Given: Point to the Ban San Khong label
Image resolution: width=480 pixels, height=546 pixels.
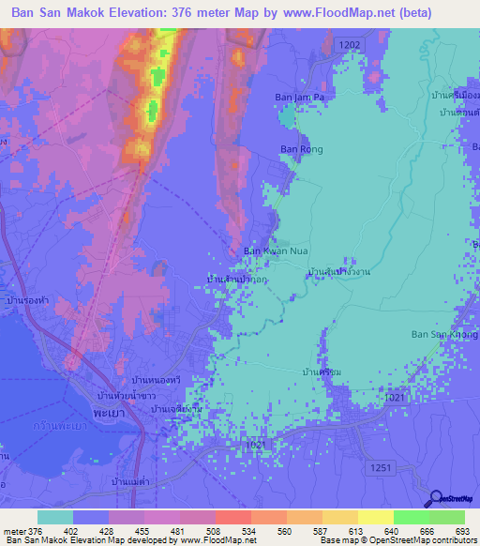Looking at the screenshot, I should (443, 334).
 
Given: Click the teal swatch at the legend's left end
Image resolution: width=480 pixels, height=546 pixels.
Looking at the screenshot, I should (55, 517).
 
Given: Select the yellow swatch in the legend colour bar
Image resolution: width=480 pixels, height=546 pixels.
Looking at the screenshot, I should (376, 517).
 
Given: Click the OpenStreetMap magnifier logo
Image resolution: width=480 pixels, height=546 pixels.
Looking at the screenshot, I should (438, 498).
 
